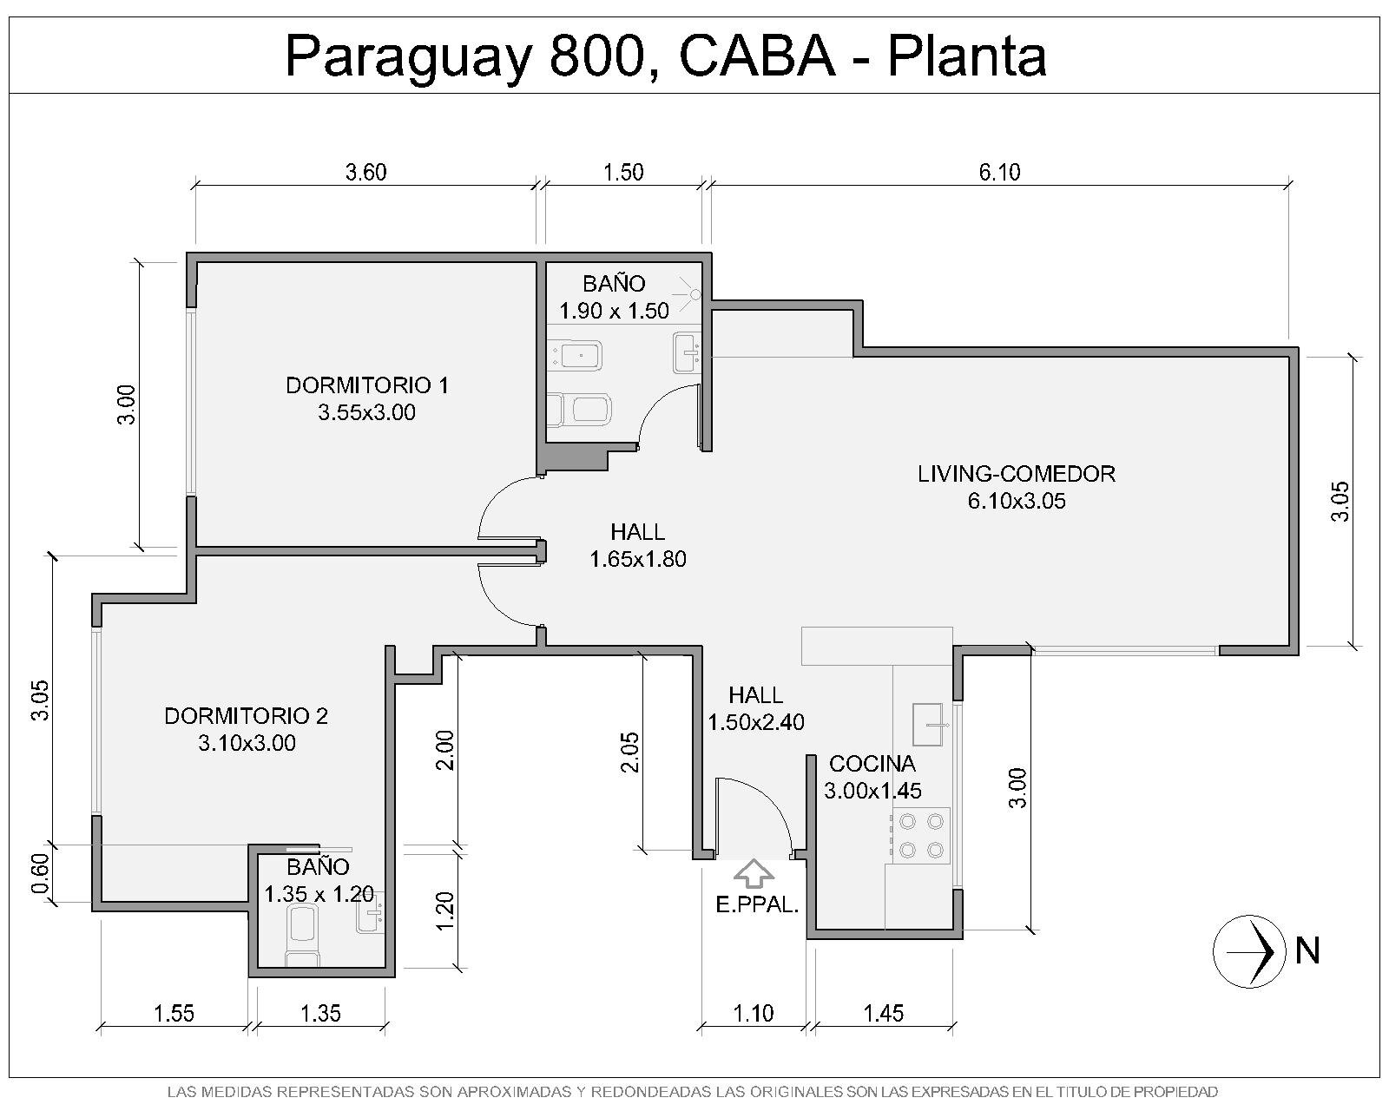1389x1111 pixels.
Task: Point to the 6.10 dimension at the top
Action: point(1000,173)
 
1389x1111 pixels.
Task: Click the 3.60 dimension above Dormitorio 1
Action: point(366,173)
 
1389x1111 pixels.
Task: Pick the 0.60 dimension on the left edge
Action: point(40,874)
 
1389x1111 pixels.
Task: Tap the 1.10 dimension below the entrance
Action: point(754,1013)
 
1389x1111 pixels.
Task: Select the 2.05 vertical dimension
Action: point(629,752)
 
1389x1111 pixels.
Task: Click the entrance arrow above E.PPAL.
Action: point(754,873)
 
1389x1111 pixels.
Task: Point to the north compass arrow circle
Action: point(1249,951)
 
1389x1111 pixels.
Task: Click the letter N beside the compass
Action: point(1307,951)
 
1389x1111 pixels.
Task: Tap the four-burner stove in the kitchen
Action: point(920,836)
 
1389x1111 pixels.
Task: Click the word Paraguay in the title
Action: point(409,58)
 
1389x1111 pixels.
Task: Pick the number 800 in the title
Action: point(598,56)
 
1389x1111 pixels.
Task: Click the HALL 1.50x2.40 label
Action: point(756,708)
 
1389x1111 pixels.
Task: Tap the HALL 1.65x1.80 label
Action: point(638,545)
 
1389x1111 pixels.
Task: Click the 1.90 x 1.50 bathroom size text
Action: point(614,311)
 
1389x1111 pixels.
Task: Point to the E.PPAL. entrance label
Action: point(757,905)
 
